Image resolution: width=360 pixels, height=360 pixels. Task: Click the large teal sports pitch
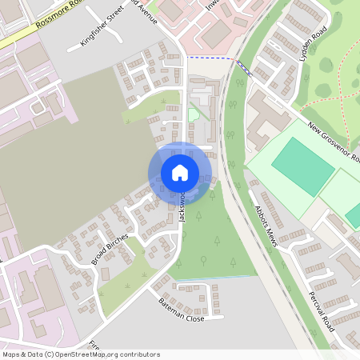click(302, 166)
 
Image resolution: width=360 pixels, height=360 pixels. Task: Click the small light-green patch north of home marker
click(193, 114)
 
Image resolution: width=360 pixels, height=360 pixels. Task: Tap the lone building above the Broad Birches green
click(105, 274)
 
